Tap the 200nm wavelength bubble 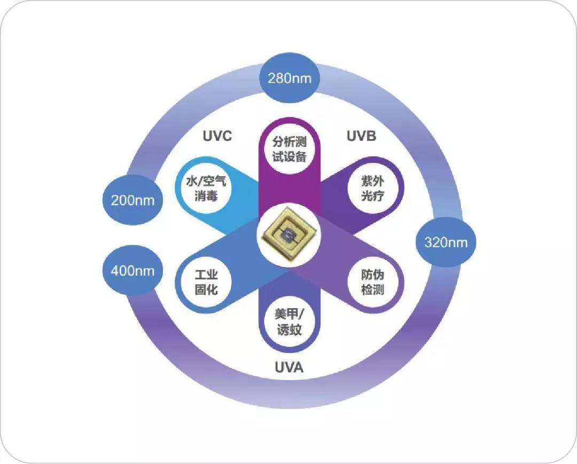(x=132, y=200)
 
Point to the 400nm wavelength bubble (x=132, y=271)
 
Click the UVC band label (x=217, y=136)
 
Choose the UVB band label (x=361, y=136)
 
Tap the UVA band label (x=289, y=367)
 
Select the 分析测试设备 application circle (x=289, y=150)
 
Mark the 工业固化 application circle (x=206, y=283)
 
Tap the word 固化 (x=206, y=290)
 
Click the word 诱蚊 (x=289, y=330)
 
